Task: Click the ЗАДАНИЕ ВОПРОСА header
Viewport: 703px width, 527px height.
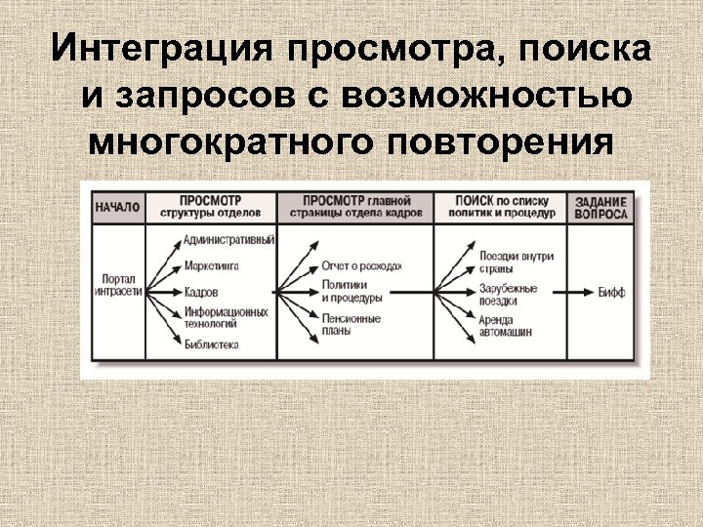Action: pyautogui.click(x=601, y=207)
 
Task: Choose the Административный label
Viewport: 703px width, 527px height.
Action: pyautogui.click(x=228, y=240)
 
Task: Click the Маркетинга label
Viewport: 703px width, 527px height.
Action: pyautogui.click(x=211, y=265)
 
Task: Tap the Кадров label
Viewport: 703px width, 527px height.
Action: pyautogui.click(x=200, y=292)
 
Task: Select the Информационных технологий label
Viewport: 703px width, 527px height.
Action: pyautogui.click(x=225, y=316)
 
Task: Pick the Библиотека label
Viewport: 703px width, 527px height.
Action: pyautogui.click(x=211, y=344)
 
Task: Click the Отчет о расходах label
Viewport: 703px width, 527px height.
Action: pyautogui.click(x=361, y=265)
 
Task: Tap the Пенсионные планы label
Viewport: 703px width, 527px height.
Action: pyautogui.click(x=351, y=324)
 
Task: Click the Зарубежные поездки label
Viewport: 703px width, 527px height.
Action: pyautogui.click(x=508, y=295)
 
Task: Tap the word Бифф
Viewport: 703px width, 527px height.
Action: pyautogui.click(x=612, y=291)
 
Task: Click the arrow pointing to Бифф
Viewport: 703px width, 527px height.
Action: pyautogui.click(x=580, y=291)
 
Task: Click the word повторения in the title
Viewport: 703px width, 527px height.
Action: pyautogui.click(x=502, y=142)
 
